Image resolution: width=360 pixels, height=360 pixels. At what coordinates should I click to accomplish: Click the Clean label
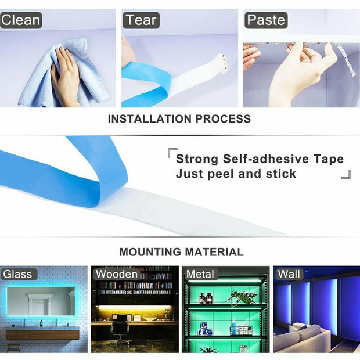tap(21, 20)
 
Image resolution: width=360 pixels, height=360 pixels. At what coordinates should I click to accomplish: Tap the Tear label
tap(141, 20)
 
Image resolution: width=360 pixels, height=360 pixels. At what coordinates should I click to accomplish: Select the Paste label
tap(266, 20)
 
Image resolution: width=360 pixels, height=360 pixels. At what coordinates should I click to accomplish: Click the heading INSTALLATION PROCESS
tap(179, 119)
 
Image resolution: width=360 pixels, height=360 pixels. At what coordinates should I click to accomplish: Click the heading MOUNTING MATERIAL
tap(181, 252)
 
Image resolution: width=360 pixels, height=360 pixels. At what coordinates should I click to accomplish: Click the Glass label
tap(17, 274)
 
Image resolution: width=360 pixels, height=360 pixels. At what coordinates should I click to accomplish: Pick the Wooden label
tap(117, 274)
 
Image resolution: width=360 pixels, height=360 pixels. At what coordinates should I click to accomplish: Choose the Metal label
tap(200, 274)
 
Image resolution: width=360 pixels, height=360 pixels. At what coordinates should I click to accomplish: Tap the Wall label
tap(289, 274)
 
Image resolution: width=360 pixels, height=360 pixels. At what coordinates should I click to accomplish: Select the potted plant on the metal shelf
tap(241, 298)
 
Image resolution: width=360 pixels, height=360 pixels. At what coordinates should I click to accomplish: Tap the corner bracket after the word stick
tap(346, 174)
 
